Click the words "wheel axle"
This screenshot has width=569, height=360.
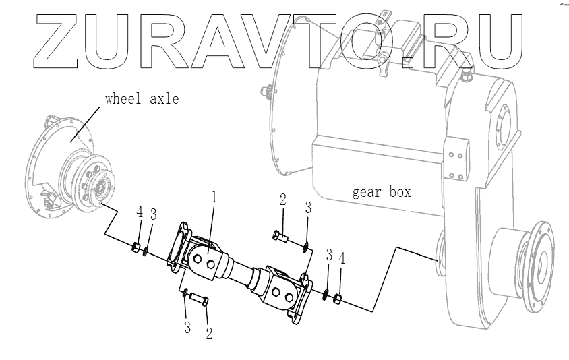142,100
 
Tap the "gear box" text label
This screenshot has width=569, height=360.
382,192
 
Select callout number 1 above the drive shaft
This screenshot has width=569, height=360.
214,198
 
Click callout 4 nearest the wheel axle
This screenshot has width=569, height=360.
140,212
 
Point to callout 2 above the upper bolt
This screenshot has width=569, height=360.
283,199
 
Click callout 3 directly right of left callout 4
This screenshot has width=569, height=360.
154,214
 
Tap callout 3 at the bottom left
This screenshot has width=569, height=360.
185,328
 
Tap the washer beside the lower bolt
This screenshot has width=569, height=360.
184,292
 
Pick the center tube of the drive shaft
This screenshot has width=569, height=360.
242,274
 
